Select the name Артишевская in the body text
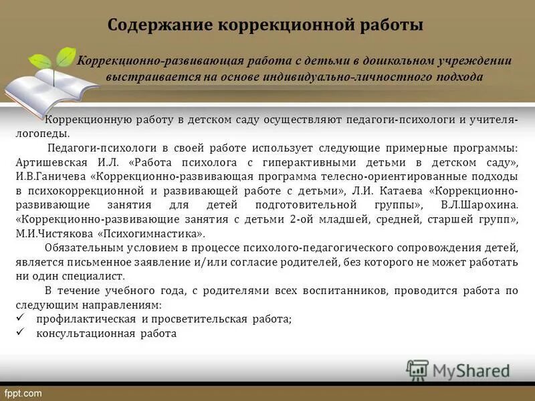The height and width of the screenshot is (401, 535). [45, 162]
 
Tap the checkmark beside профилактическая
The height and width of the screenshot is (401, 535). [19, 319]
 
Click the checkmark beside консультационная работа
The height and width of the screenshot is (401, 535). [19, 333]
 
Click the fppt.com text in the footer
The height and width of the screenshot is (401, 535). [23, 393]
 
